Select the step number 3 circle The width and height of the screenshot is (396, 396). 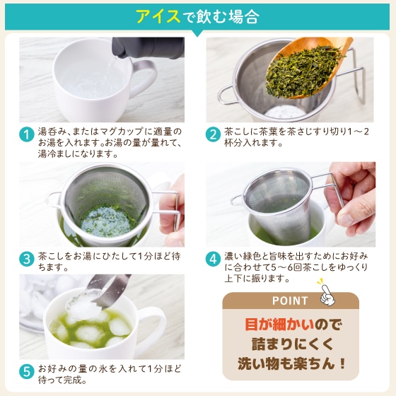pos(27,259)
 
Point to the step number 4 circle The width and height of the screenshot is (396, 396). pos(213,259)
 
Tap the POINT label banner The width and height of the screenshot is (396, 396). pos(291,301)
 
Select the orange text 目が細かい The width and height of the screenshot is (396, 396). pos(267,325)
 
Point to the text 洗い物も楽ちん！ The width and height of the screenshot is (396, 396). pos(291,366)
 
